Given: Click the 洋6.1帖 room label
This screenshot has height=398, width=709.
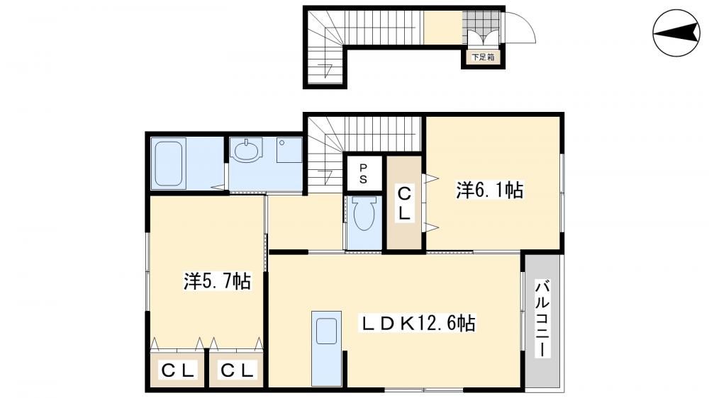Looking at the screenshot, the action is pos(490,191).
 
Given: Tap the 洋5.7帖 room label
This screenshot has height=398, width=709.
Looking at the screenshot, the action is pos(217,281).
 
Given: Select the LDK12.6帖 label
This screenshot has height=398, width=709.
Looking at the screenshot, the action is pos(417,324).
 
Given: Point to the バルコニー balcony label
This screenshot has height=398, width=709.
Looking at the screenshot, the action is pos(542,319).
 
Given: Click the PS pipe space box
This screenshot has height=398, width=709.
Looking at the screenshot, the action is pos(363,174).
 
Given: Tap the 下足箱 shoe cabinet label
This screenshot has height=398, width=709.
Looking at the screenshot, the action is pos(483,57).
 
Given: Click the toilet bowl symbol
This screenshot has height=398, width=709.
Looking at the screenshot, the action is pos(364,215).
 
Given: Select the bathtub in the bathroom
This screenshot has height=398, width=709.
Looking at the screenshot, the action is pos(168,164).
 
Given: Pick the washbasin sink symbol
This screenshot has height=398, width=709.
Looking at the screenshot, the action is pos(246,149).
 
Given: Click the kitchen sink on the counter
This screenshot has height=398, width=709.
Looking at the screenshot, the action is pos(326,331).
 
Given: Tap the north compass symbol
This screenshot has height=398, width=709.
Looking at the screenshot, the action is pos(676,33).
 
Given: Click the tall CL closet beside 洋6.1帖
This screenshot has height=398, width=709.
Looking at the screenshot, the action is pos(404,203).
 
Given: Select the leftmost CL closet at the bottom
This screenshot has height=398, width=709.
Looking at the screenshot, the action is pos(177,370).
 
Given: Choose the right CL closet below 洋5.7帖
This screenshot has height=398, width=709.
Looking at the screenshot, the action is pos(237,370).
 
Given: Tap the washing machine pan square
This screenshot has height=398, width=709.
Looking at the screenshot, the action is pos(289,150).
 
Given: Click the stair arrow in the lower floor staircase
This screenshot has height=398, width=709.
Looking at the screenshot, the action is pos(326,71).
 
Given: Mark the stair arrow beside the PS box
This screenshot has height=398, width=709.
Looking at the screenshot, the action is pos(326,176).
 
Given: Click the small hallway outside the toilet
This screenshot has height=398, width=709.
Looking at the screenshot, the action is pos(306,222).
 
